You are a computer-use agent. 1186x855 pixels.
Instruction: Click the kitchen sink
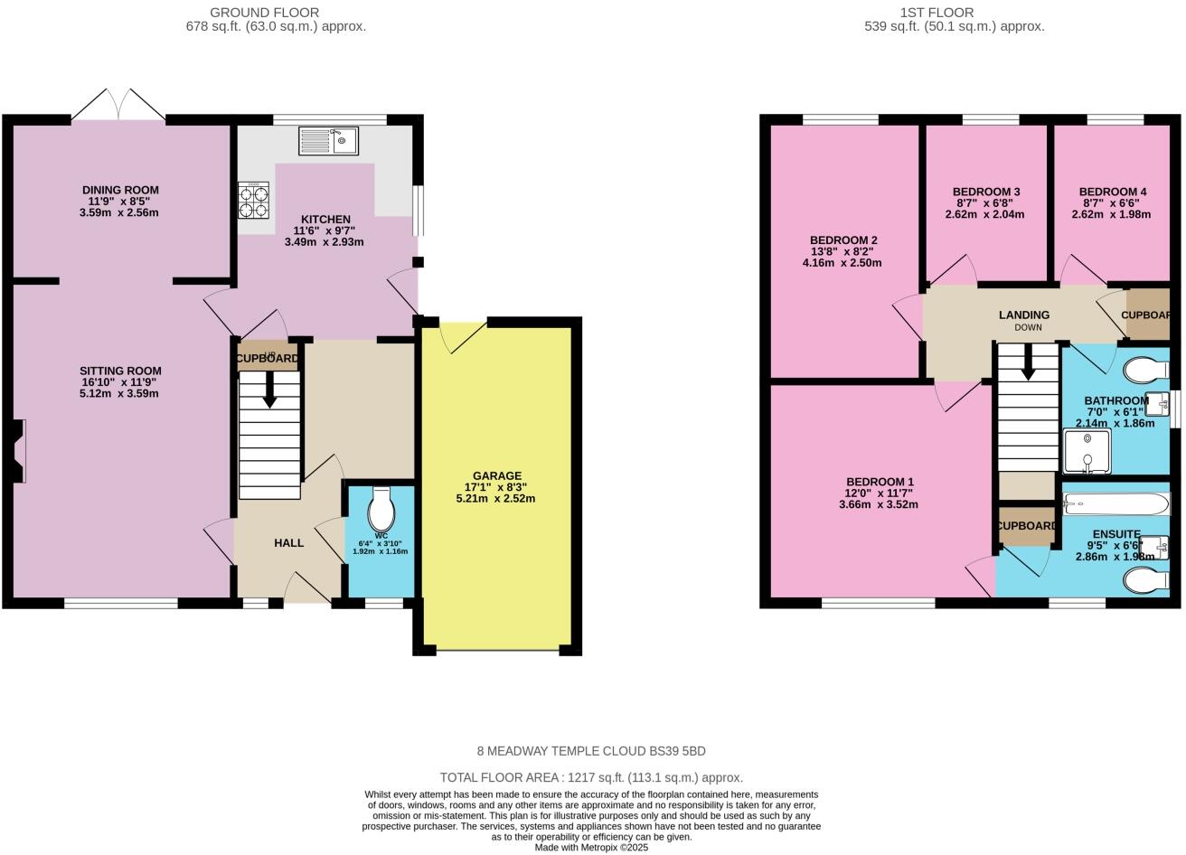tap(328, 140)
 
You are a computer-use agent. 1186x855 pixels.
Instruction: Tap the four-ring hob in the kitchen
tap(253, 200)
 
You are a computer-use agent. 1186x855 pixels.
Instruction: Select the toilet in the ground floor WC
tap(381, 511)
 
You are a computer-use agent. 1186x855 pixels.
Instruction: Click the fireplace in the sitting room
tap(19, 451)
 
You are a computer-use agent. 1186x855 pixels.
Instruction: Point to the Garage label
tap(497, 475)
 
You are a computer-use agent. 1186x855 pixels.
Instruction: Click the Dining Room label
tap(120, 190)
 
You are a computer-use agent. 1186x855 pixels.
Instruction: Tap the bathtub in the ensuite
tap(1115, 504)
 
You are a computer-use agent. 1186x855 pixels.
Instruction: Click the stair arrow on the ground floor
tap(268, 392)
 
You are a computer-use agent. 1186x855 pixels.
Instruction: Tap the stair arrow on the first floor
tap(1028, 364)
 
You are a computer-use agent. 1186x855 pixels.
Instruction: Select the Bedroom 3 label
tap(986, 192)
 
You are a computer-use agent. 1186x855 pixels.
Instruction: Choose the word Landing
tap(1023, 315)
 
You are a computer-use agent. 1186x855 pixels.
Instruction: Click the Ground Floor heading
tap(264, 13)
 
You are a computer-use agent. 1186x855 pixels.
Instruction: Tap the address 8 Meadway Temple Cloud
tap(591, 751)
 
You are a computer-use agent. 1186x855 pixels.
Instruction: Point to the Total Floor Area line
tap(591, 777)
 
